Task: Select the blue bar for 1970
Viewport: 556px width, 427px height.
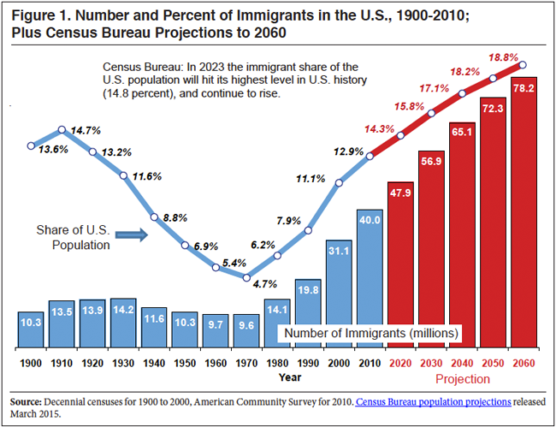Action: (247, 330)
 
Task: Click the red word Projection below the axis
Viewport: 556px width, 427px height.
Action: (462, 378)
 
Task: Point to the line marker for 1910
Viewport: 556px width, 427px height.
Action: (62, 130)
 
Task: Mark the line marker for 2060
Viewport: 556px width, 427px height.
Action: (523, 64)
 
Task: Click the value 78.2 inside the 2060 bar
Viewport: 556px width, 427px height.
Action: (523, 89)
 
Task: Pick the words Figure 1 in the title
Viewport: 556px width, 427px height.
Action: (43, 14)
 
